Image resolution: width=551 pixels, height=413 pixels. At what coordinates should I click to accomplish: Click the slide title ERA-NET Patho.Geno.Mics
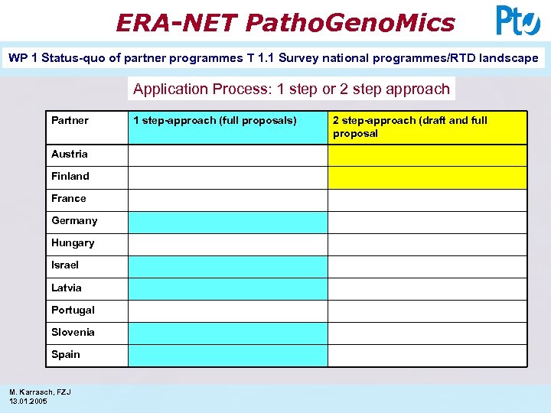click(x=285, y=22)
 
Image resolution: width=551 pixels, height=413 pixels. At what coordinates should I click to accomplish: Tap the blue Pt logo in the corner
click(x=518, y=21)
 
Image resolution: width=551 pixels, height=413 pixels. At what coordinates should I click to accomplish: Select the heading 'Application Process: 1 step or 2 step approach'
click(x=291, y=89)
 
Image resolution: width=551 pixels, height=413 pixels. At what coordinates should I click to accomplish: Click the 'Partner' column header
click(x=70, y=120)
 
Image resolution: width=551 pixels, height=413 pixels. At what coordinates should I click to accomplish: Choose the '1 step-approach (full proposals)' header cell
click(x=214, y=120)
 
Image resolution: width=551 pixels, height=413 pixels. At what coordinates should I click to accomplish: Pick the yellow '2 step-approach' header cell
click(x=427, y=127)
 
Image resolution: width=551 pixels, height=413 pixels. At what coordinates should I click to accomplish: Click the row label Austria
click(x=70, y=154)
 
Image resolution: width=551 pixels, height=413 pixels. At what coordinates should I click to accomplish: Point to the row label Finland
click(x=70, y=176)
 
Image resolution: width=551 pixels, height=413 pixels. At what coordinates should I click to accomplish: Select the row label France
click(x=69, y=198)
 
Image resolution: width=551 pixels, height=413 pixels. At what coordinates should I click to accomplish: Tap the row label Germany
click(x=74, y=220)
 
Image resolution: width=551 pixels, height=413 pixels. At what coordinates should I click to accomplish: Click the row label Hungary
click(x=73, y=242)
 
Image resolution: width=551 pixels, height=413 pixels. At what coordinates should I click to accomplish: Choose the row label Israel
click(x=65, y=265)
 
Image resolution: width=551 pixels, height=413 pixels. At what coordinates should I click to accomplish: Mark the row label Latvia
click(x=67, y=288)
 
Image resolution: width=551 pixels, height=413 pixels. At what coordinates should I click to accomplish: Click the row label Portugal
click(x=73, y=310)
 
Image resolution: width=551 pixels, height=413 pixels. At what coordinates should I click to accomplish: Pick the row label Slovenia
click(x=73, y=332)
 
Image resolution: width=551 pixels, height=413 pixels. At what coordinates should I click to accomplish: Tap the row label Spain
click(x=66, y=354)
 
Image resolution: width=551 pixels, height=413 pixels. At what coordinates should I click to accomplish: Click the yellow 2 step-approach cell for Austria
click(x=427, y=155)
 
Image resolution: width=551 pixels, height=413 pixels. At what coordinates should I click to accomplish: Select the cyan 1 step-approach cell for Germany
click(x=227, y=222)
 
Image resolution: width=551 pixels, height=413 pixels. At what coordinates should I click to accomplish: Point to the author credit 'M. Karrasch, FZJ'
click(x=40, y=392)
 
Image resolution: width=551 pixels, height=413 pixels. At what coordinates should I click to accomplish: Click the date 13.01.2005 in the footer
click(x=28, y=401)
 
